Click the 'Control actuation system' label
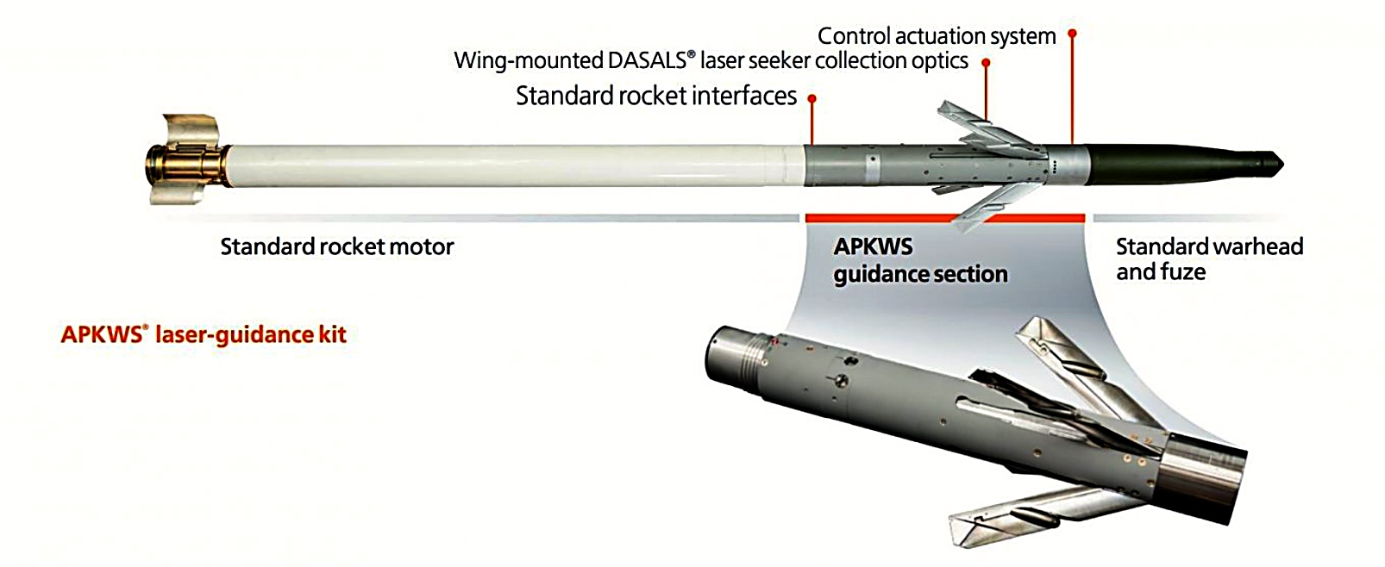pyautogui.click(x=936, y=36)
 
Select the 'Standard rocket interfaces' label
pyautogui.click(x=656, y=96)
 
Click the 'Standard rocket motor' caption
pyautogui.click(x=336, y=247)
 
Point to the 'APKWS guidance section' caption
pyautogui.click(x=919, y=260)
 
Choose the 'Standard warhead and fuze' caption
pyautogui.click(x=1208, y=259)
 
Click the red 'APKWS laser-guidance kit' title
pyautogui.click(x=204, y=334)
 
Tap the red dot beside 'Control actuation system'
pyautogui.click(x=1072, y=34)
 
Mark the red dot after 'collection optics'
pyautogui.click(x=986, y=62)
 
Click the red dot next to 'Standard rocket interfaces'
pyautogui.click(x=812, y=98)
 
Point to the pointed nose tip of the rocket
pyautogui.click(x=1279, y=162)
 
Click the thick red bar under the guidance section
pyautogui.click(x=944, y=217)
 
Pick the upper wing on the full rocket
pyautogui.click(x=983, y=126)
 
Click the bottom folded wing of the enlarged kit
pyautogui.click(x=1018, y=508)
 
